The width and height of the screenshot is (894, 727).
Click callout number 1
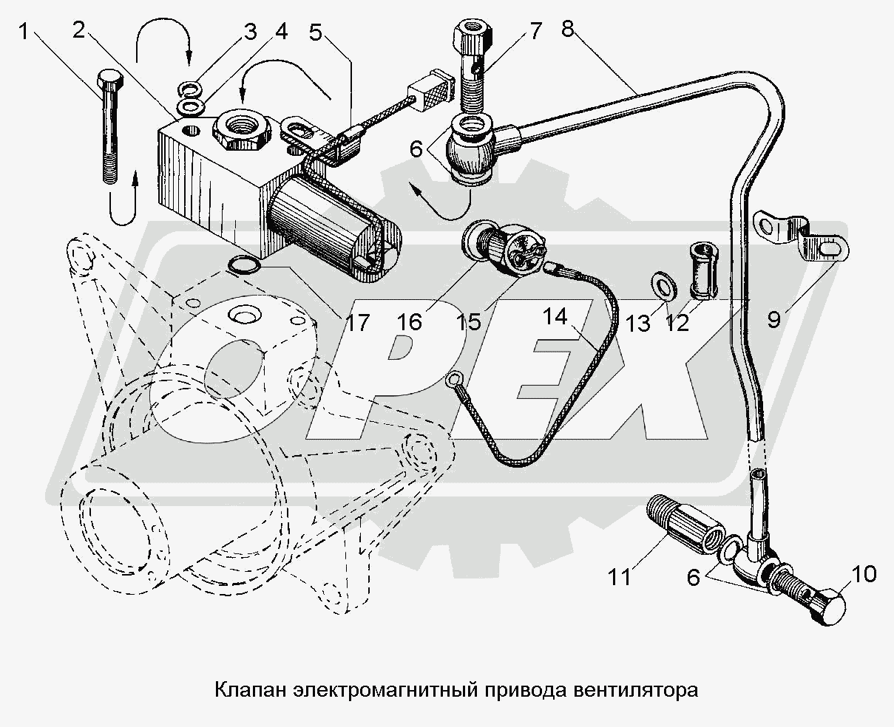coord(25,32)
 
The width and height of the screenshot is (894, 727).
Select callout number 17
coord(357,322)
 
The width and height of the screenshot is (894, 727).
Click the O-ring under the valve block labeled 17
coord(243,264)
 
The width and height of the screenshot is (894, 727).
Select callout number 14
coord(555,318)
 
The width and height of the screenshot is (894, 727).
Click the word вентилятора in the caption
coord(635,692)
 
